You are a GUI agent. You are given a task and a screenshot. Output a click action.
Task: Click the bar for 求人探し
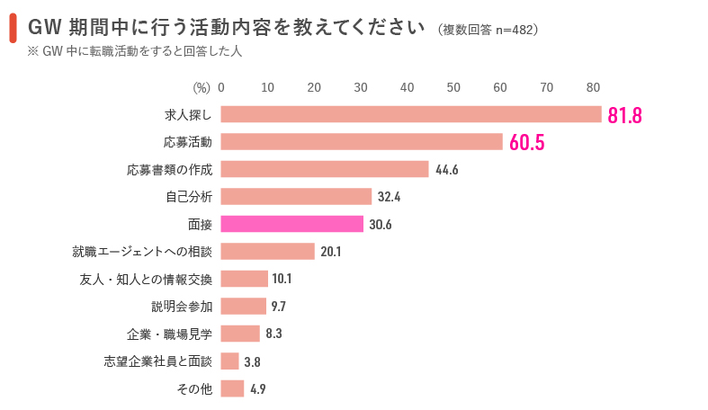(411, 114)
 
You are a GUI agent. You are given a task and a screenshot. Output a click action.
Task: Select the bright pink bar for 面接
(291, 224)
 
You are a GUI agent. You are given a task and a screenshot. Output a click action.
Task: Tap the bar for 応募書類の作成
(325, 169)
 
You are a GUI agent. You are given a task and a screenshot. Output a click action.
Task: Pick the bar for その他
(232, 388)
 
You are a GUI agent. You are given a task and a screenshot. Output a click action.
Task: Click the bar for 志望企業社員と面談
(229, 361)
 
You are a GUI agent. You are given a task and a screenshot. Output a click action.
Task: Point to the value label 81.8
(624, 115)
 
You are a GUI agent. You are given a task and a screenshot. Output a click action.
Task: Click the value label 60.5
(527, 143)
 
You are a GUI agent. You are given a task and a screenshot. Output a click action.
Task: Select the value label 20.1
(331, 252)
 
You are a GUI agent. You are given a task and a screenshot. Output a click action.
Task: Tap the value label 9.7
(279, 307)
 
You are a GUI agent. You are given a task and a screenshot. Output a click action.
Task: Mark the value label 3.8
(253, 361)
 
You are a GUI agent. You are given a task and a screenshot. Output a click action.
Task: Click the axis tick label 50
(453, 87)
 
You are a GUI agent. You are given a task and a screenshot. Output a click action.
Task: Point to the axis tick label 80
(593, 87)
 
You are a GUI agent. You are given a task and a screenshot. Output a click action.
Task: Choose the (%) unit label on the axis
(202, 87)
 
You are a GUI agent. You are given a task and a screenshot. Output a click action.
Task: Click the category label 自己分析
(189, 197)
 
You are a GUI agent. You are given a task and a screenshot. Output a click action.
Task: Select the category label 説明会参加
(182, 307)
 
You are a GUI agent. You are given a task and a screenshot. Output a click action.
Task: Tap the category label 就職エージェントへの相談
(142, 252)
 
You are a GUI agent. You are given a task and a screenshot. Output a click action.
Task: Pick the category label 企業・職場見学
(169, 334)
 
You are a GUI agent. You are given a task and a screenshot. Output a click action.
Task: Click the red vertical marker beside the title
(13, 28)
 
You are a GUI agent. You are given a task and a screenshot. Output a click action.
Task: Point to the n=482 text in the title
(515, 30)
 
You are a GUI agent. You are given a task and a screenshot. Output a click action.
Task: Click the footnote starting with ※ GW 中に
(135, 51)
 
